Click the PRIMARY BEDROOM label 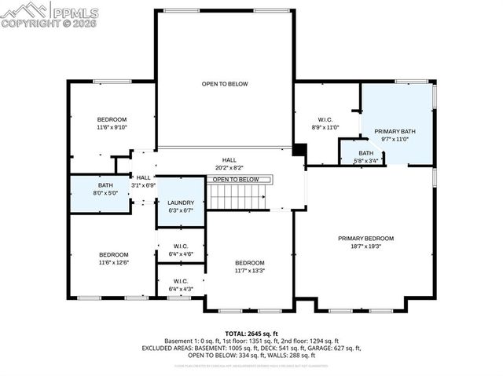coord(365,238)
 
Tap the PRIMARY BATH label coord(395,132)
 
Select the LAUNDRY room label coord(180,203)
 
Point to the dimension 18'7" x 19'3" coord(365,246)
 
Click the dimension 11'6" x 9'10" coord(112,127)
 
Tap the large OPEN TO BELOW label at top coord(225,84)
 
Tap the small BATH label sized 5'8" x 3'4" coord(366,153)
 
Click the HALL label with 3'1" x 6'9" coord(143,177)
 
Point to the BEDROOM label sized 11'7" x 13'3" coord(251,263)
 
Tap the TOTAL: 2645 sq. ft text coord(251,334)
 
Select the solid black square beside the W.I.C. coord(299,149)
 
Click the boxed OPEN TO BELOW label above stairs coord(236,180)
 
